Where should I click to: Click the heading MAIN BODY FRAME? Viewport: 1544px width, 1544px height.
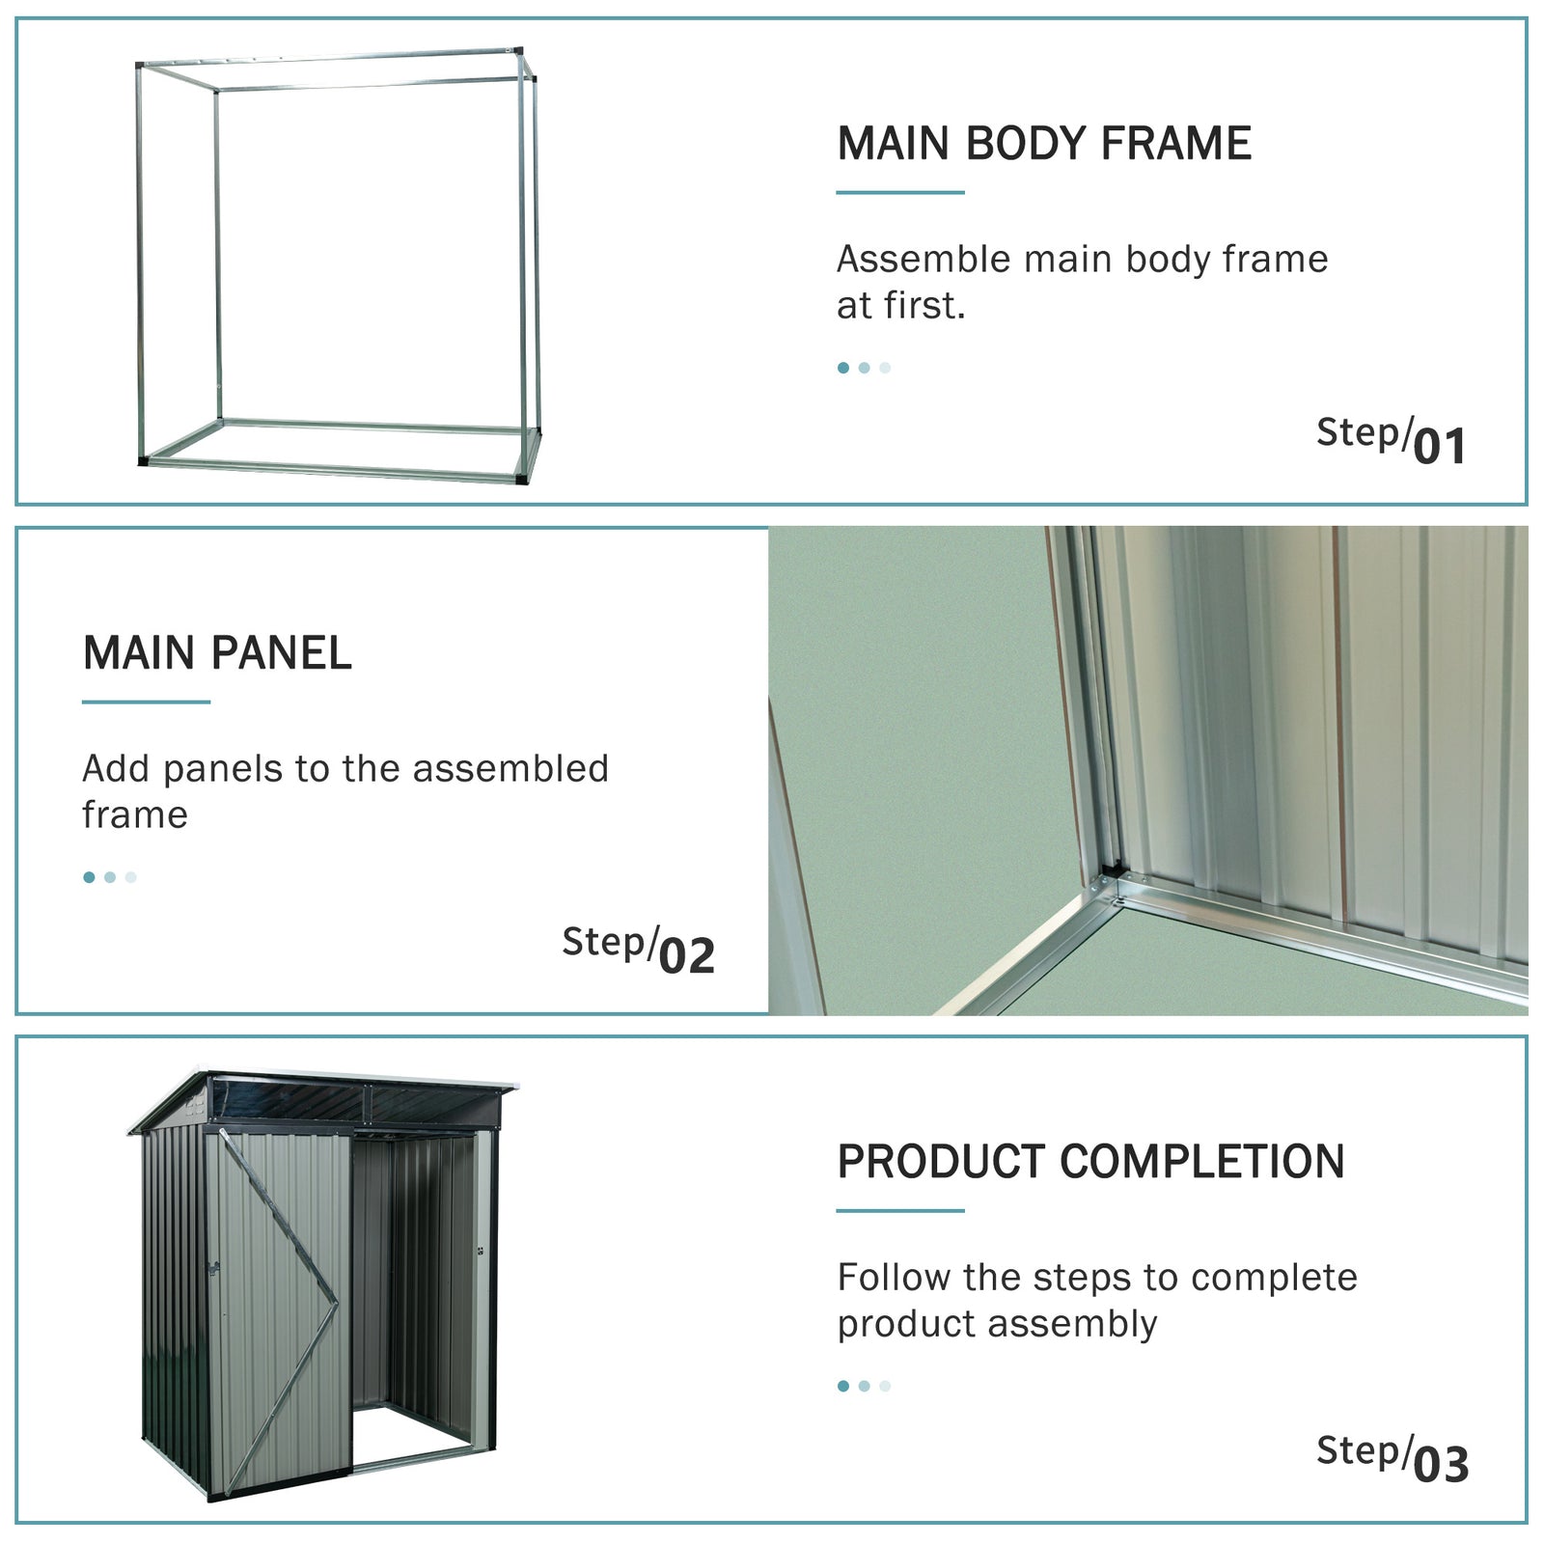[x=1043, y=144]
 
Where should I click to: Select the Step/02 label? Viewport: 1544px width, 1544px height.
[x=638, y=951]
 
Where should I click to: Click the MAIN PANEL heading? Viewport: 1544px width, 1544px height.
[x=217, y=653]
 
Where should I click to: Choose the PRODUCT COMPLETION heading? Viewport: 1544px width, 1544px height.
[x=1090, y=1162]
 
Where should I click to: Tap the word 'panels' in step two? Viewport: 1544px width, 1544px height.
[x=223, y=769]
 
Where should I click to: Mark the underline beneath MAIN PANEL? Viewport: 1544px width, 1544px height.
[x=146, y=702]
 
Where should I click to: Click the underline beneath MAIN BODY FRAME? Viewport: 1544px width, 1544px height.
[x=899, y=192]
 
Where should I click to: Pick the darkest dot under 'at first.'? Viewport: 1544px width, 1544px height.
[x=843, y=368]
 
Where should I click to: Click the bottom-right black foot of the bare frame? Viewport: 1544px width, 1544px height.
[x=522, y=478]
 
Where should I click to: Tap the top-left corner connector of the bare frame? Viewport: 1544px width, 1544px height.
[x=139, y=66]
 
